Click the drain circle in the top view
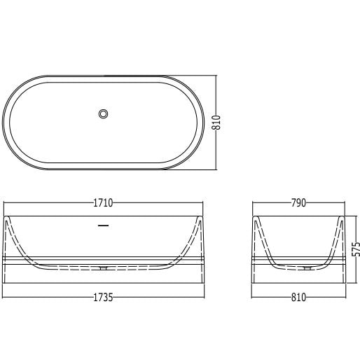103,114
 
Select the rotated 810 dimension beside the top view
216,123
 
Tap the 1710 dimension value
103,203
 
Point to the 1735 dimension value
103,298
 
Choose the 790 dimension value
298,203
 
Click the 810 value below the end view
298,298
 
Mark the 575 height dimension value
356,249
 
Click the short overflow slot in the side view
103,226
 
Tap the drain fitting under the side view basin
103,268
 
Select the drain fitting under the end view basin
307,268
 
